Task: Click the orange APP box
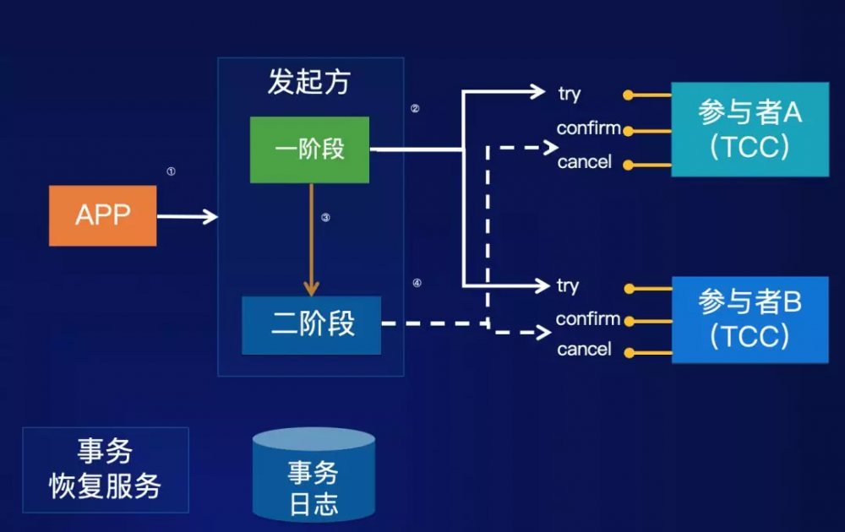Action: [102, 216]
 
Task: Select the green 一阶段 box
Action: [309, 149]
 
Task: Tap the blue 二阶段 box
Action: [311, 325]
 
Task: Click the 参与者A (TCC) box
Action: [750, 129]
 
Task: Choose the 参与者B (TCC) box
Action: [750, 319]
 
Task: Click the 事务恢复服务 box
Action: [106, 470]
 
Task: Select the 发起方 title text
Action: [309, 82]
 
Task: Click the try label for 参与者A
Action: [570, 94]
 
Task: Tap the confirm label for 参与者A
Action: [588, 129]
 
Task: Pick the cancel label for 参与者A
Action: [584, 162]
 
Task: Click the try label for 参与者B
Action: [568, 286]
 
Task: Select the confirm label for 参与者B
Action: [587, 319]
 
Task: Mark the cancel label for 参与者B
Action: [584, 350]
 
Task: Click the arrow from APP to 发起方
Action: [188, 217]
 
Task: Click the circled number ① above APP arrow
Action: [171, 171]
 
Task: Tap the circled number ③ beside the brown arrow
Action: [325, 218]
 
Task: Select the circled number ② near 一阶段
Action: [415, 109]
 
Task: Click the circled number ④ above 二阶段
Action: [417, 284]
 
